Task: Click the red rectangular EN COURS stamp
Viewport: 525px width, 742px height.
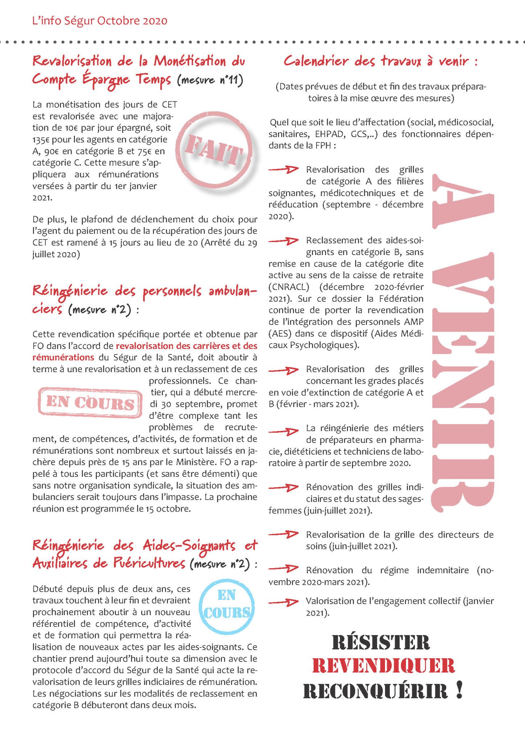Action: click(90, 403)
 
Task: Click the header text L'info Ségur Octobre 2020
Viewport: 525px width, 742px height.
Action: click(100, 21)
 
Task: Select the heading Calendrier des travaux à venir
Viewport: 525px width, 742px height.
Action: click(380, 61)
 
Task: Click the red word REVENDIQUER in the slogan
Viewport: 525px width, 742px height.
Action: click(383, 666)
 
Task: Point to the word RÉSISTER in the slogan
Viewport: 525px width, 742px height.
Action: click(381, 643)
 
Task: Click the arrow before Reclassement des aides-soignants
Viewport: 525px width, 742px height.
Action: click(283, 241)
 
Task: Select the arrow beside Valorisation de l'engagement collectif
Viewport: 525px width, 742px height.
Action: click(283, 602)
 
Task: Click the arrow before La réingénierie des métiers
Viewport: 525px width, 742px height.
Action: click(283, 431)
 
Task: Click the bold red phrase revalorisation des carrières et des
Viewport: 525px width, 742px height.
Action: click(186, 346)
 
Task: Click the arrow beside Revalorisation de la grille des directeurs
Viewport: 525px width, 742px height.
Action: click(283, 534)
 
